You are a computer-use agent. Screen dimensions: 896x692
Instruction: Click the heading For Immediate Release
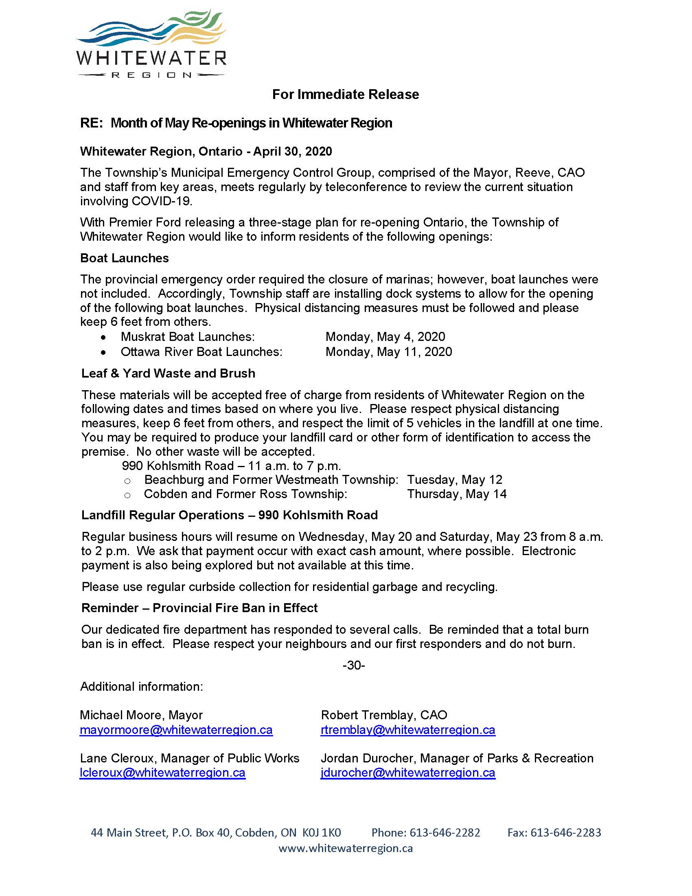[345, 94]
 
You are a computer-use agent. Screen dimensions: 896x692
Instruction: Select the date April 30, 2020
[292, 152]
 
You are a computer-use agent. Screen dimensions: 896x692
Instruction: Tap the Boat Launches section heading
[124, 258]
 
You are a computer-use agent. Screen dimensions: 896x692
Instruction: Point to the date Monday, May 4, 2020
[385, 337]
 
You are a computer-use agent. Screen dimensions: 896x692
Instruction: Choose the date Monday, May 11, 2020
[389, 352]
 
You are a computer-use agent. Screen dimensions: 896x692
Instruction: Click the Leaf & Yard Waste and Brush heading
[168, 373]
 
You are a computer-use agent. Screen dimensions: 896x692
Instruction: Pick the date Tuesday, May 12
[454, 480]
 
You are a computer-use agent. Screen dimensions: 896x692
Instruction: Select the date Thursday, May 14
[457, 494]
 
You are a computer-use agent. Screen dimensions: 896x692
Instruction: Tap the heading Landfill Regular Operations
[229, 515]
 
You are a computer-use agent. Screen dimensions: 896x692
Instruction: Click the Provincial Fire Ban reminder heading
[199, 608]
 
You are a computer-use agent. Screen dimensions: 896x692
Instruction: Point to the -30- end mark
[353, 665]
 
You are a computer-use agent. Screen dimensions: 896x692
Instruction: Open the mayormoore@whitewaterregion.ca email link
[176, 730]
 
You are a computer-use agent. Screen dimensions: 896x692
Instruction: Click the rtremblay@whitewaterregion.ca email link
[408, 730]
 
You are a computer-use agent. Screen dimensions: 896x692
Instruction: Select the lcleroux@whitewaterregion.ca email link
[162, 773]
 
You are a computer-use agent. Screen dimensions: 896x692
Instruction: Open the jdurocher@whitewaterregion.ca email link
[408, 773]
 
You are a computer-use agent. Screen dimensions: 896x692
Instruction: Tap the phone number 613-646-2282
[445, 832]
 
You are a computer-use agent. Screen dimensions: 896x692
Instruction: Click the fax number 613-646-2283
[565, 832]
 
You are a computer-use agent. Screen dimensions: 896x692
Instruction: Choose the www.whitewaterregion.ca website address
[345, 848]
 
